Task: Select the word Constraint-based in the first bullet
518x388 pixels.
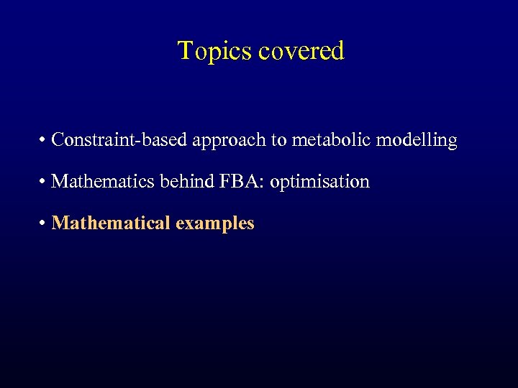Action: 120,139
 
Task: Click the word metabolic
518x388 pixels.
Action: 329,139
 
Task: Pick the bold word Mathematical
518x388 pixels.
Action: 111,223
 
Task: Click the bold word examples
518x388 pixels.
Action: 214,223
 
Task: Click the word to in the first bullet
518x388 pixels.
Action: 278,140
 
